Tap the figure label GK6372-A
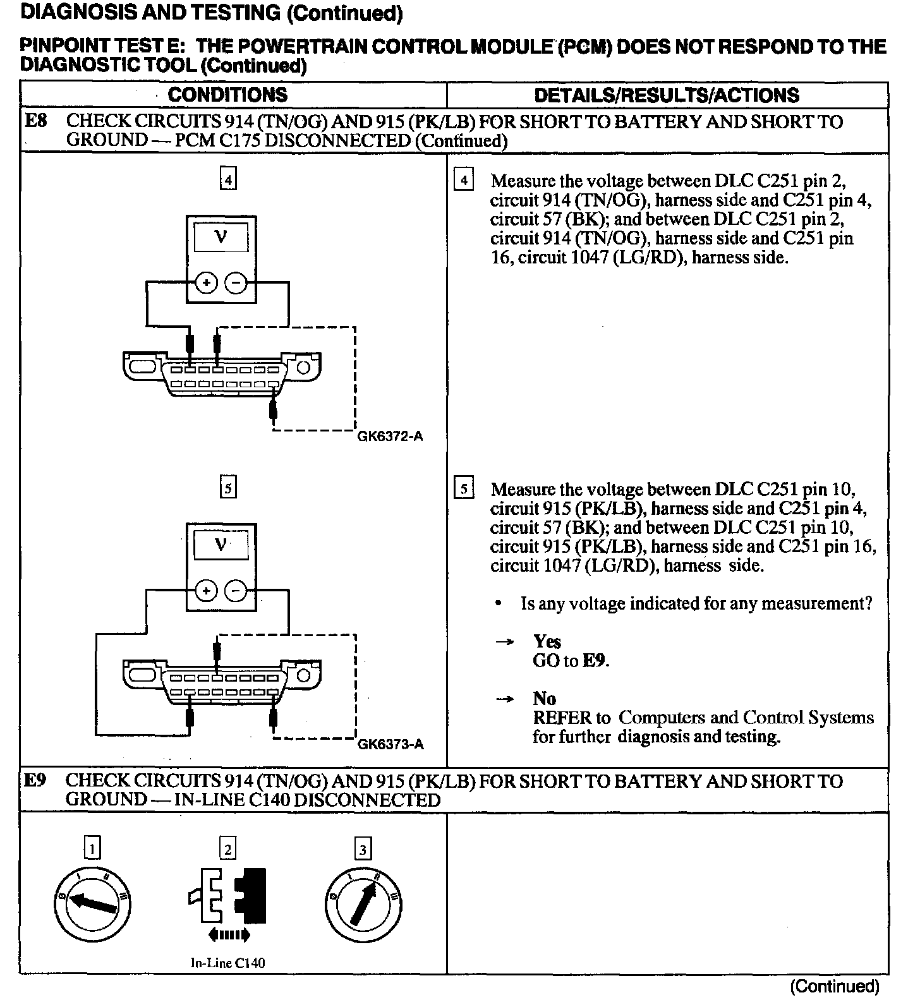[x=390, y=437]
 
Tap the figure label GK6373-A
[x=390, y=745]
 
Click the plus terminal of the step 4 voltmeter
[x=206, y=284]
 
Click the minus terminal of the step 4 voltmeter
[x=236, y=284]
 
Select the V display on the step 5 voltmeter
[x=221, y=545]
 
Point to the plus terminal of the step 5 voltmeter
[x=206, y=591]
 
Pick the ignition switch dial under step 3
[x=363, y=905]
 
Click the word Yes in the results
[x=547, y=642]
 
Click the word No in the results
[x=544, y=699]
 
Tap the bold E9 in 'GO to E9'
[x=595, y=661]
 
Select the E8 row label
[x=35, y=121]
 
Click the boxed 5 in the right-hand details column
[x=464, y=489]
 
